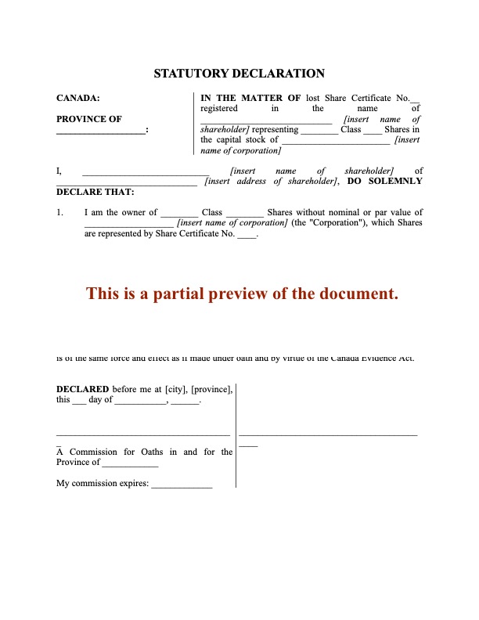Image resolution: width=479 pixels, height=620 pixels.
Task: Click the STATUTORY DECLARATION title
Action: click(x=239, y=74)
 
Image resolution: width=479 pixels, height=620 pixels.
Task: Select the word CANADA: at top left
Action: click(x=78, y=99)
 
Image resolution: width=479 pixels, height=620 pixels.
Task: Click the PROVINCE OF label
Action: click(x=89, y=119)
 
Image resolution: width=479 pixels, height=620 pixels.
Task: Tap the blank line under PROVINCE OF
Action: click(x=100, y=132)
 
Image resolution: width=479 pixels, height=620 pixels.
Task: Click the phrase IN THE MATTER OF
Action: click(x=250, y=99)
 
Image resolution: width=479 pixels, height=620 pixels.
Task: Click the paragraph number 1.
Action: click(x=60, y=212)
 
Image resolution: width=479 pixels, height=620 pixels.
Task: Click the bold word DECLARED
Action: click(x=82, y=389)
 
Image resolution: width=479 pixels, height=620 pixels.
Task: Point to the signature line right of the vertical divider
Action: click(x=328, y=433)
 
